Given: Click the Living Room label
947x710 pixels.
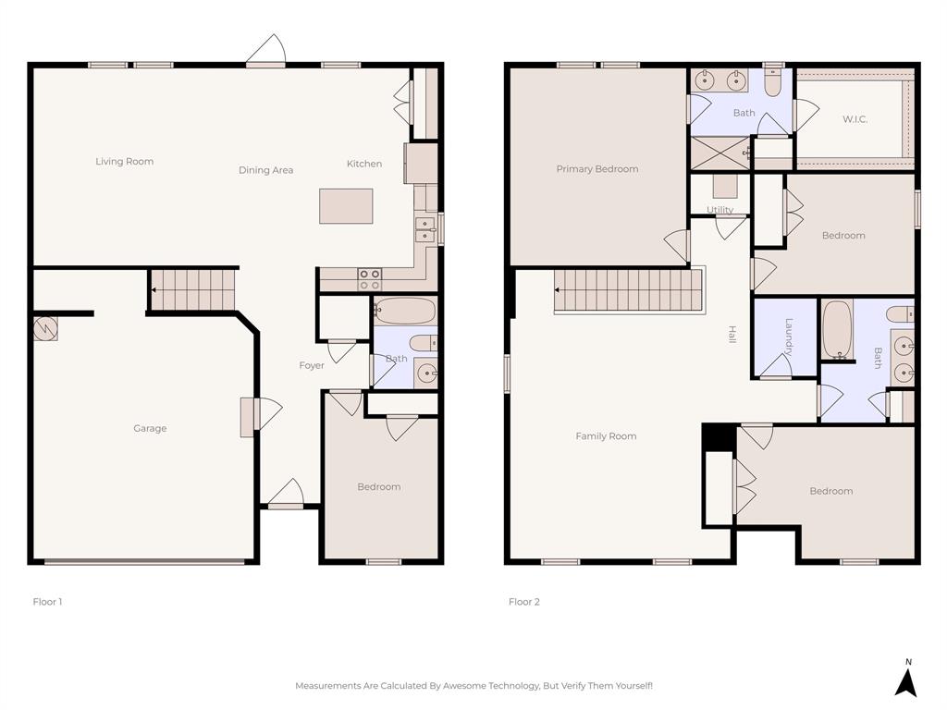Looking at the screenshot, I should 124,162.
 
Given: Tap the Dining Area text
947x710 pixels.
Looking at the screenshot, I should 265,170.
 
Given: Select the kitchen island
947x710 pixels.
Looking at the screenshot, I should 346,205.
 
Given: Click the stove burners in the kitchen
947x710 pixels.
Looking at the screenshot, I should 369,279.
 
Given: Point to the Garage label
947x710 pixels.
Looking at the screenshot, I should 150,429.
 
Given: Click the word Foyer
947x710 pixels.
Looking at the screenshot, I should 312,366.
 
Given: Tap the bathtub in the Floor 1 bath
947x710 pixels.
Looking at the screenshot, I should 404,311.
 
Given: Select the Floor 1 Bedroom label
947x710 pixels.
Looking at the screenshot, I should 379,487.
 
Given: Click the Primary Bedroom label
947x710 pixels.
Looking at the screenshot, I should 596,169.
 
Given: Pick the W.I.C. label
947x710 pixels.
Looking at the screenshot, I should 855,119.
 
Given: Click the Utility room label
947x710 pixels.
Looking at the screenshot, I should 719,210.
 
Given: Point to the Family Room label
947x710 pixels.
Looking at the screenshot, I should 606,436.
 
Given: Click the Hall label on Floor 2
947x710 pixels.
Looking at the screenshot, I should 732,335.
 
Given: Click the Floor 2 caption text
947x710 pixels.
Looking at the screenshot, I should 523,602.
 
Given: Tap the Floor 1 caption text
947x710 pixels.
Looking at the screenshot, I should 47,602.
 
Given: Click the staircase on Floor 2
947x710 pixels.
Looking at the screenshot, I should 629,290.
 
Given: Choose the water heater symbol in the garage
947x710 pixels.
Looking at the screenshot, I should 44,328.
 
